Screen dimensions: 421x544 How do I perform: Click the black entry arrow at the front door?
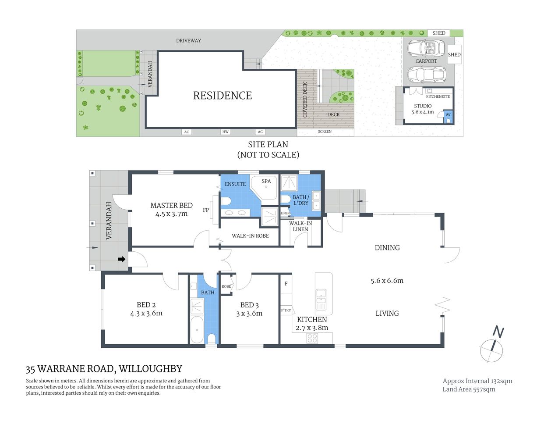point(121,259)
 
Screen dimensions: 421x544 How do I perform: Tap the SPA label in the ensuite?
point(266,181)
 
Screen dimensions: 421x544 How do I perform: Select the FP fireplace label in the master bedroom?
point(206,210)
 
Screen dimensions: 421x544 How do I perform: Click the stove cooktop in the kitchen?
point(312,338)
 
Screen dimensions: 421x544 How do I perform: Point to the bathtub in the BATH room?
point(197,330)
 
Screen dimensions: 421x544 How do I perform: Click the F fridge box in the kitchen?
point(286,284)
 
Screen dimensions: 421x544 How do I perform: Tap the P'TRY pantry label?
point(286,310)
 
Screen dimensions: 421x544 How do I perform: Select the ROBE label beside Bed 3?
point(226,286)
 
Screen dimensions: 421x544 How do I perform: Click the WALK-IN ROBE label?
point(250,236)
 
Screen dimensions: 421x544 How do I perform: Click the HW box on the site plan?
point(225,132)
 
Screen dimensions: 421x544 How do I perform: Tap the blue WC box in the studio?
point(448,115)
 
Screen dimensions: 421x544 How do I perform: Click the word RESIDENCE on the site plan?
point(223,96)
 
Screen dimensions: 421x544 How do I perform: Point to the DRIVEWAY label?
point(188,40)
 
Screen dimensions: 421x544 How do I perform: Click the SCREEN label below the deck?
point(325,132)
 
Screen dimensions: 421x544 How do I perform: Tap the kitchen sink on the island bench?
point(321,296)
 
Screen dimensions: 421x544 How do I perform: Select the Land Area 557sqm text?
point(469,389)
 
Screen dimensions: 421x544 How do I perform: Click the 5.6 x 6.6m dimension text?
point(387,281)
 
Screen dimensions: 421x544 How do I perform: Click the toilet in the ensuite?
point(226,201)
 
